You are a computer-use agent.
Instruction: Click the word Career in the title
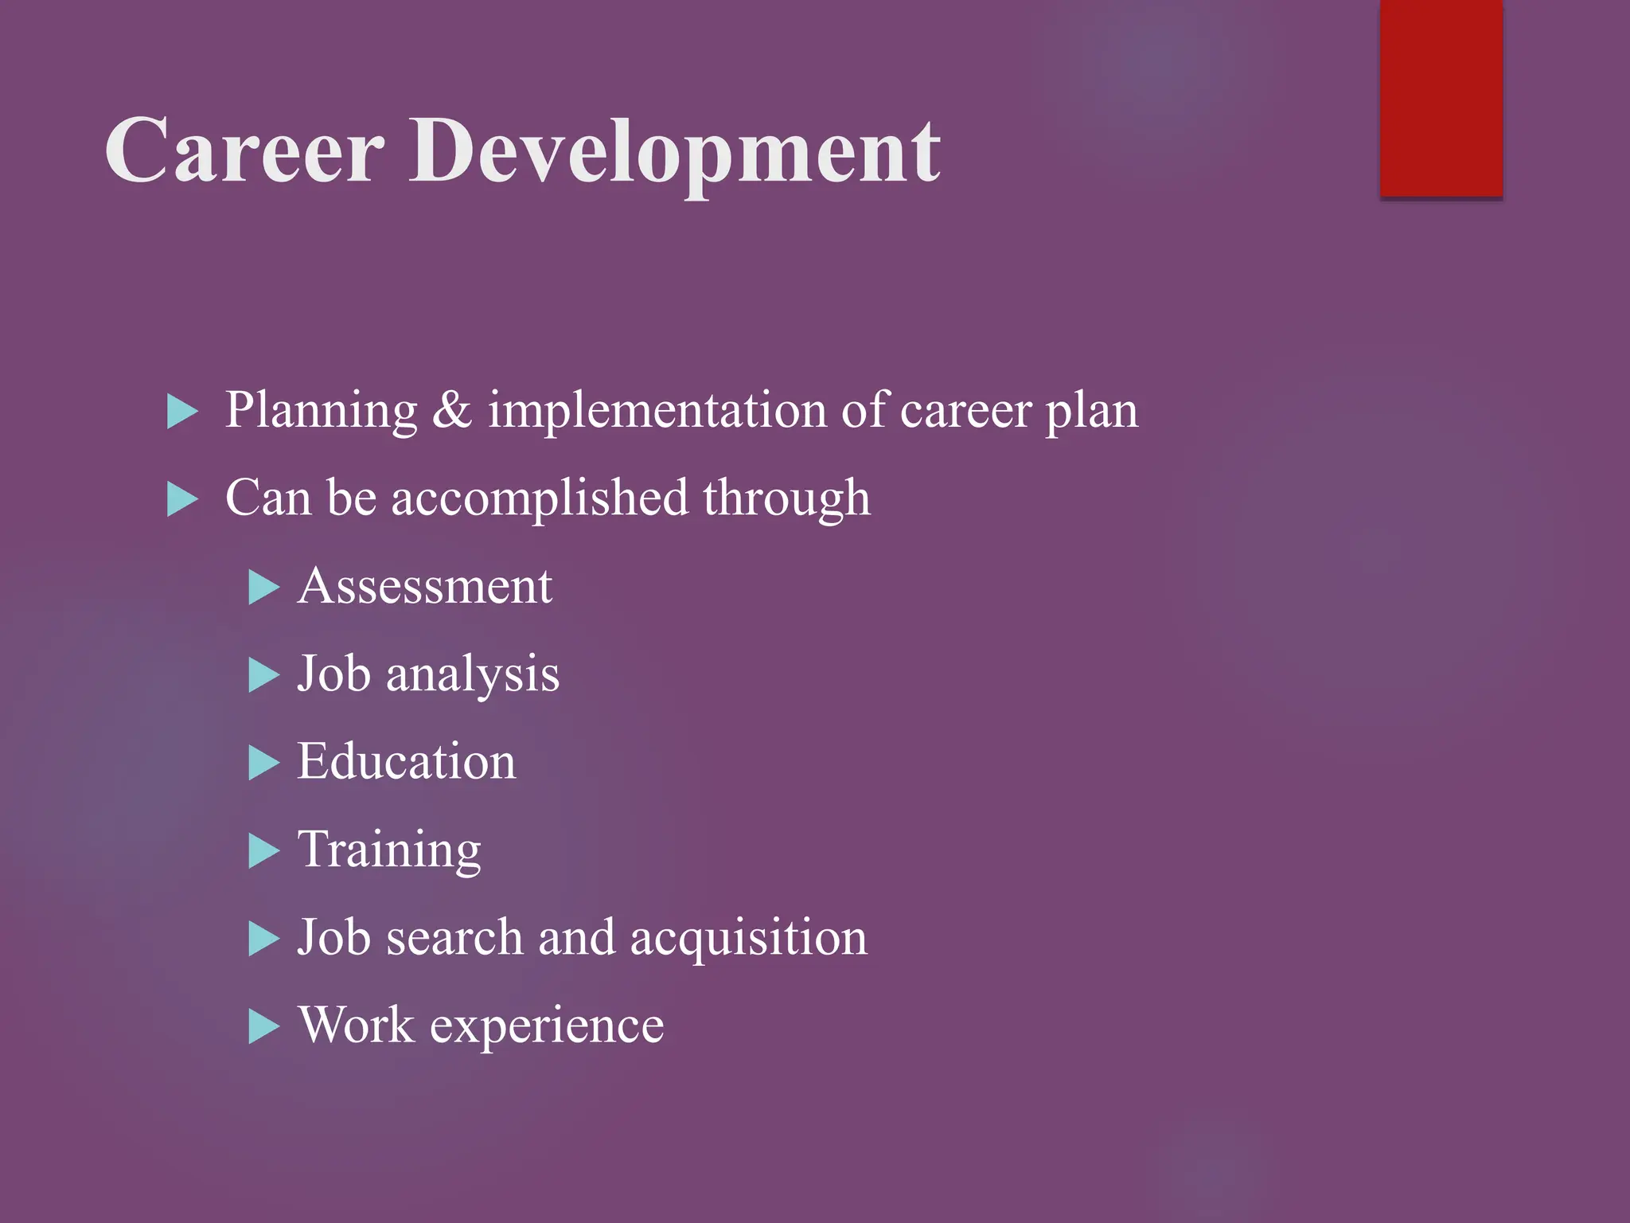245,150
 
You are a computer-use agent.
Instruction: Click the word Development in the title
675,153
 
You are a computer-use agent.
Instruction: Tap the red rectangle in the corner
1441,97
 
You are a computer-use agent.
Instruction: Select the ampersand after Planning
452,410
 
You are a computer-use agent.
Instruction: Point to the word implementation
657,412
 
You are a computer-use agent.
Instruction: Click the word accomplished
539,499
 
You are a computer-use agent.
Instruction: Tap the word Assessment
425,587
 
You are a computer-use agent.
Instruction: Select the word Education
407,762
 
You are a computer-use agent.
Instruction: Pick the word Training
389,851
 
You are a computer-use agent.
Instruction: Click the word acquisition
748,939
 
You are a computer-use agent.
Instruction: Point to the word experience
547,1027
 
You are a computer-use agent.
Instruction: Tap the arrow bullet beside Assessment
263,588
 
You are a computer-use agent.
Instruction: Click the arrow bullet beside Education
263,764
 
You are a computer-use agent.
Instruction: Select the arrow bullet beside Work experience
263,1027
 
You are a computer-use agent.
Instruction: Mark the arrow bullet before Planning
182,412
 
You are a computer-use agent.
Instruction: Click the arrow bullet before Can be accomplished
182,500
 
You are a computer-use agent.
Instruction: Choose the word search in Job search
454,937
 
